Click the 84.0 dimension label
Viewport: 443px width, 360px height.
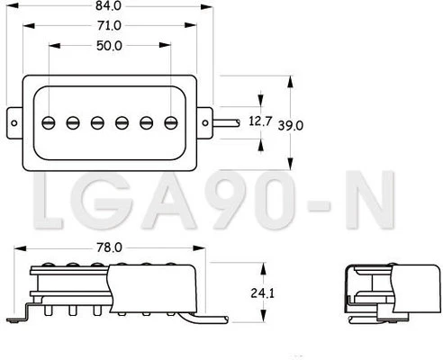(109, 5)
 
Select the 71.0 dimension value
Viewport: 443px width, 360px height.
(109, 26)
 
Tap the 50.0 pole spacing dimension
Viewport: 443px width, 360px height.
(109, 46)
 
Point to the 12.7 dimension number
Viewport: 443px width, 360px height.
(260, 121)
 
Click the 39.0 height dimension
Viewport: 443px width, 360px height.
(290, 125)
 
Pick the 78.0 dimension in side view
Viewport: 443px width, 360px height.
(109, 247)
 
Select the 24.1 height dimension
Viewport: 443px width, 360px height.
(263, 293)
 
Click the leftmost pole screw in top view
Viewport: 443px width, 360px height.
(49, 122)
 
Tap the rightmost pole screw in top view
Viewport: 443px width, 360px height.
(171, 122)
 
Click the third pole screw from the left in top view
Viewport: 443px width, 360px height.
(97, 122)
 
